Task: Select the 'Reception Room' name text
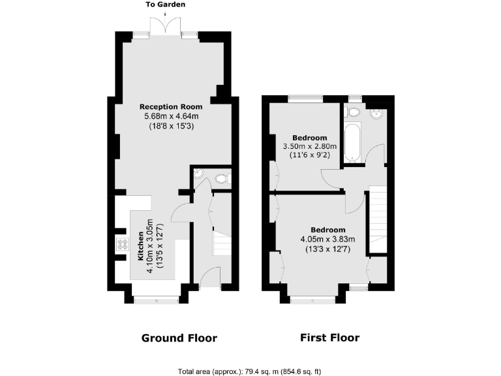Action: (x=171, y=106)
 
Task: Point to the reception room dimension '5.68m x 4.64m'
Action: (x=171, y=116)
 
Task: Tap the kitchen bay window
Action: (x=155, y=299)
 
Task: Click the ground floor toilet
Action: (x=220, y=177)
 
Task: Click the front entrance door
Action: (x=209, y=279)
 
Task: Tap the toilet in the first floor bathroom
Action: (x=354, y=112)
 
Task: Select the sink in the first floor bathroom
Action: (x=377, y=116)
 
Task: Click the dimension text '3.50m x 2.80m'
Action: (x=309, y=147)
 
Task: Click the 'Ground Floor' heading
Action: (x=179, y=338)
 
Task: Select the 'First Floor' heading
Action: (x=329, y=338)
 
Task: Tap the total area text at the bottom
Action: (x=250, y=371)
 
